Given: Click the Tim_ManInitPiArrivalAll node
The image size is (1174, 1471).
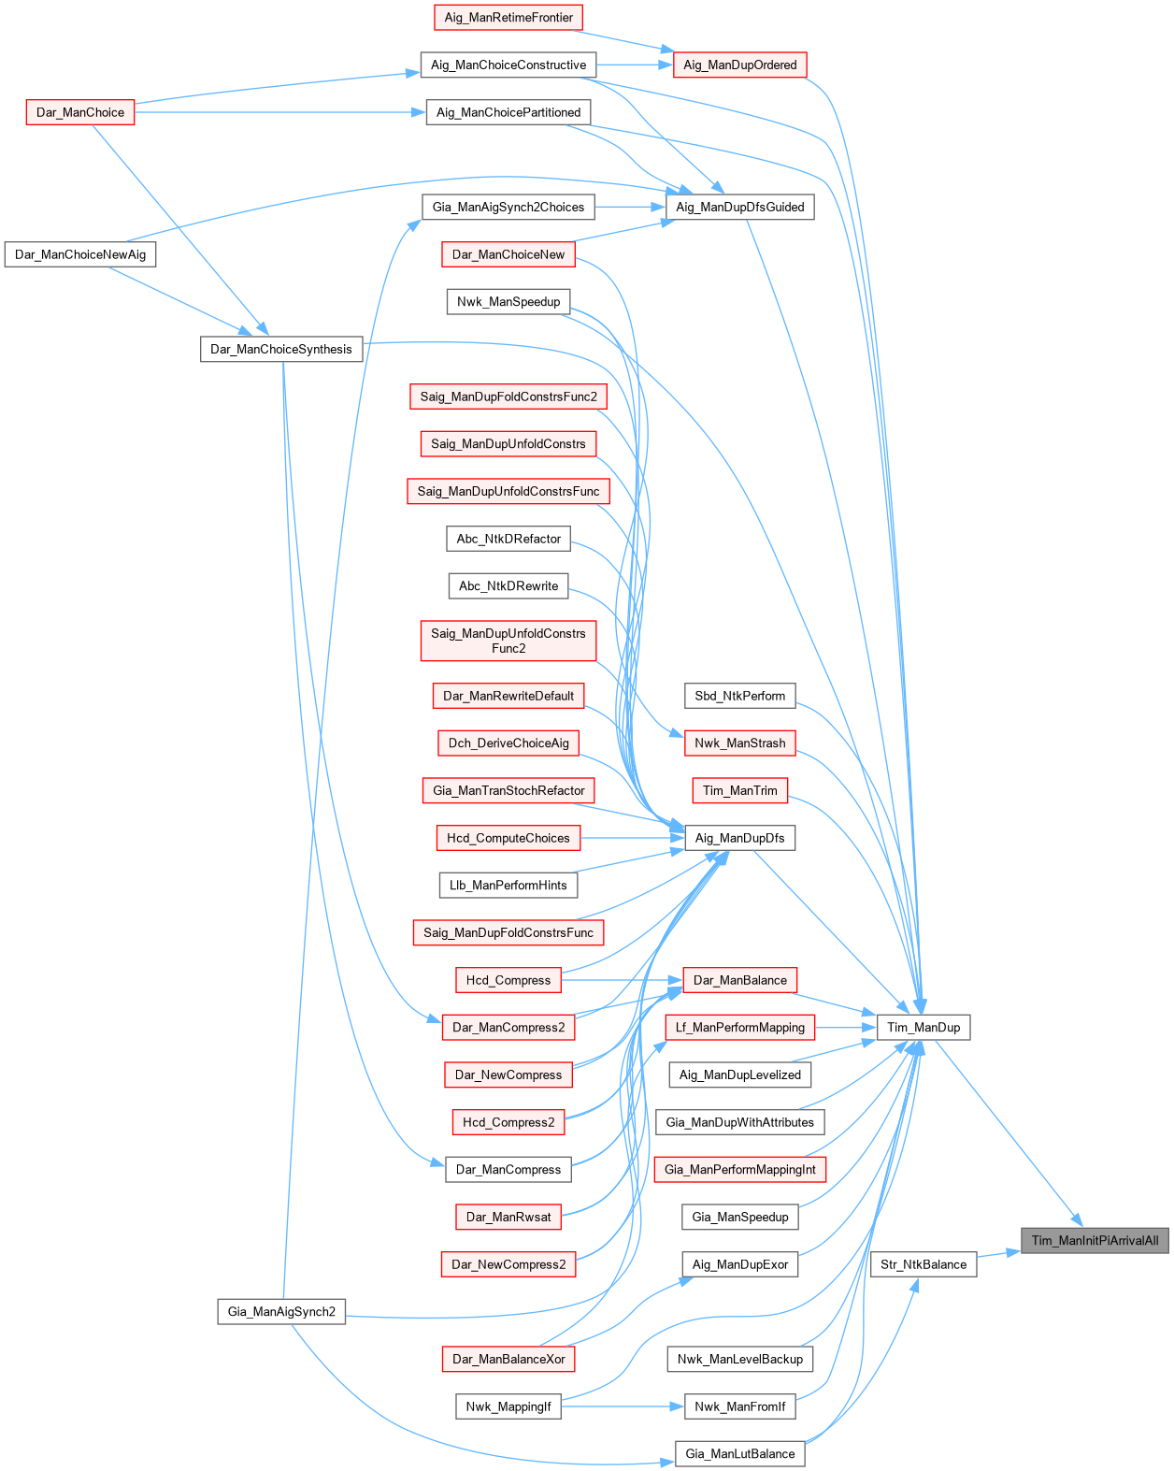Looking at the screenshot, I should pyautogui.click(x=1095, y=1241).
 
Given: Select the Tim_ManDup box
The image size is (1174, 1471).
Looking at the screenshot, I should pyautogui.click(x=923, y=1028).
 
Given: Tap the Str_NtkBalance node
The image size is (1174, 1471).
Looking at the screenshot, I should pyautogui.click(x=923, y=1264).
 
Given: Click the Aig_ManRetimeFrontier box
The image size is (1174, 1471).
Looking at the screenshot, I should pyautogui.click(x=508, y=18).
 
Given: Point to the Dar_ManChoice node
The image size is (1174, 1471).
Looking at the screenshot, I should pyautogui.click(x=80, y=112).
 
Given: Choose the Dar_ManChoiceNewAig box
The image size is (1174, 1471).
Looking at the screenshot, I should pyautogui.click(x=80, y=254).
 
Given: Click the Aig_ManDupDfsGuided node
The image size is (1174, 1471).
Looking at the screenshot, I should pyautogui.click(x=739, y=207).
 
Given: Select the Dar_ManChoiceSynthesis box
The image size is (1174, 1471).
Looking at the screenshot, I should pyautogui.click(x=281, y=349).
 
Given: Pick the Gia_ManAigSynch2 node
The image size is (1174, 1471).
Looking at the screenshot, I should pyautogui.click(x=281, y=1312).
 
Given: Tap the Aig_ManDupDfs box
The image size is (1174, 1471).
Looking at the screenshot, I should pyautogui.click(x=739, y=838).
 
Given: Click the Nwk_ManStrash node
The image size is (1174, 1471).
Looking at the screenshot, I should pyautogui.click(x=739, y=743).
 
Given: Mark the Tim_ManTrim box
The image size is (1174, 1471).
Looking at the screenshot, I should pyautogui.click(x=739, y=790).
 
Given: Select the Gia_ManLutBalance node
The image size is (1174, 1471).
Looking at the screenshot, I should pyautogui.click(x=739, y=1454).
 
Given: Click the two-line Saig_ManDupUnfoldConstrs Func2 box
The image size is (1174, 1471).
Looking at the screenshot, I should pyautogui.click(x=508, y=641).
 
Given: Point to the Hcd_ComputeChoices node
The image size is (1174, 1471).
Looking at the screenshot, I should pyautogui.click(x=508, y=838).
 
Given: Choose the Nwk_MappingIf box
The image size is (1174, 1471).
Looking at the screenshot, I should pyautogui.click(x=508, y=1406).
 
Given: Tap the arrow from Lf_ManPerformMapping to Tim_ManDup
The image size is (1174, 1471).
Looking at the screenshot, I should pyautogui.click(x=846, y=1028).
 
